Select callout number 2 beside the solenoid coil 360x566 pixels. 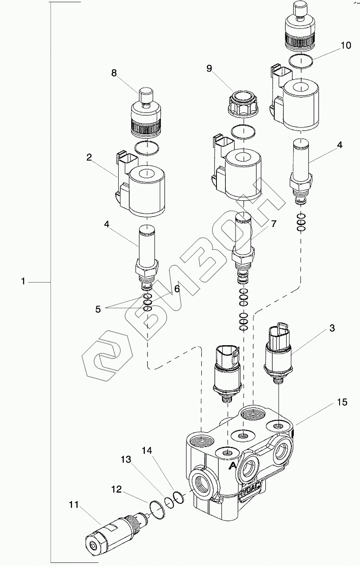click(x=89, y=157)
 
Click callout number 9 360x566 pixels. click(x=209, y=68)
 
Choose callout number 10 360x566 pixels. click(x=346, y=45)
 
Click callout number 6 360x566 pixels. click(x=176, y=288)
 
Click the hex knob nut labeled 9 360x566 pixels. click(x=244, y=105)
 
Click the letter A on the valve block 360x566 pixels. click(x=232, y=466)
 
